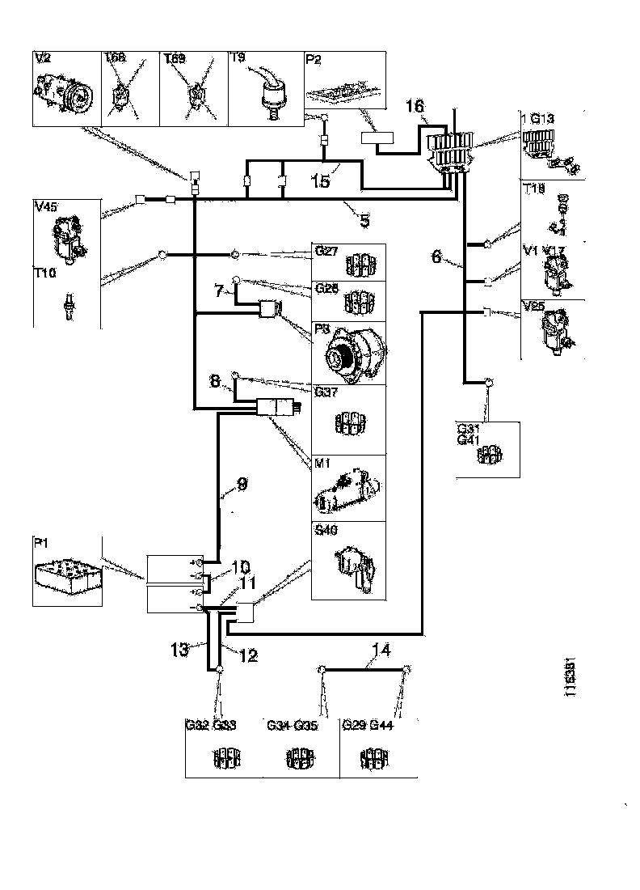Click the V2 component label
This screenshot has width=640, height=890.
point(42,58)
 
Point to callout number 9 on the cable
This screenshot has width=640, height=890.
point(242,485)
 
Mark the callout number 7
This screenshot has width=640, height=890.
point(219,289)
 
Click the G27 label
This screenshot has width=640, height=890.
point(325,251)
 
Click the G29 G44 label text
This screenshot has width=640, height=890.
point(368,726)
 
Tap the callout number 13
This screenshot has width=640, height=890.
point(180,649)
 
